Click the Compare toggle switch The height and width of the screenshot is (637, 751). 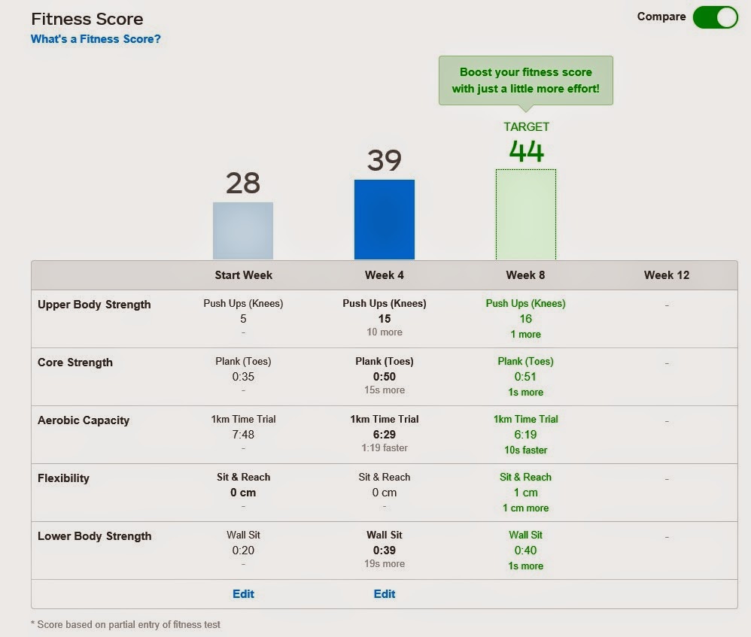tap(715, 17)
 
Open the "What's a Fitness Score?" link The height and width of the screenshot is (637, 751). tap(96, 39)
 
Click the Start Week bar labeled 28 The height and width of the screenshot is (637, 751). tap(243, 231)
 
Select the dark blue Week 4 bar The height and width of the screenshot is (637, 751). tap(384, 220)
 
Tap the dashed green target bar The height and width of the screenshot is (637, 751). tap(525, 214)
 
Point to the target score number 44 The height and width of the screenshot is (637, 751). tap(526, 151)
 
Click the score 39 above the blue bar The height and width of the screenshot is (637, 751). tap(384, 160)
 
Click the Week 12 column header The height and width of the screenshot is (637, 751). tap(666, 275)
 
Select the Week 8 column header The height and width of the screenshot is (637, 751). tap(525, 275)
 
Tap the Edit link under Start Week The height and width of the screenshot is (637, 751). tap(243, 594)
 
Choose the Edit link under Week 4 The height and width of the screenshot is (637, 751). tap(384, 594)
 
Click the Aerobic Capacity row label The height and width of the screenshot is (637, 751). tap(84, 420)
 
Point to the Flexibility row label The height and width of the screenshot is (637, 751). tap(63, 478)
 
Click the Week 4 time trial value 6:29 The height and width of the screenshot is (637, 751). tap(384, 435)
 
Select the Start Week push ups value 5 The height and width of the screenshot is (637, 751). tap(243, 319)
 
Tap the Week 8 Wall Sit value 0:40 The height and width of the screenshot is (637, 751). tap(525, 551)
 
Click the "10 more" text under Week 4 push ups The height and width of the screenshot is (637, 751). tap(384, 332)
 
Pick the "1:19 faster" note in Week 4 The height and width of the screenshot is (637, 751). tap(384, 448)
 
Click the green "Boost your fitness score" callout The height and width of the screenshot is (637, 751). tap(525, 80)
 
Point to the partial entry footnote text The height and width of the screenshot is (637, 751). tap(126, 624)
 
